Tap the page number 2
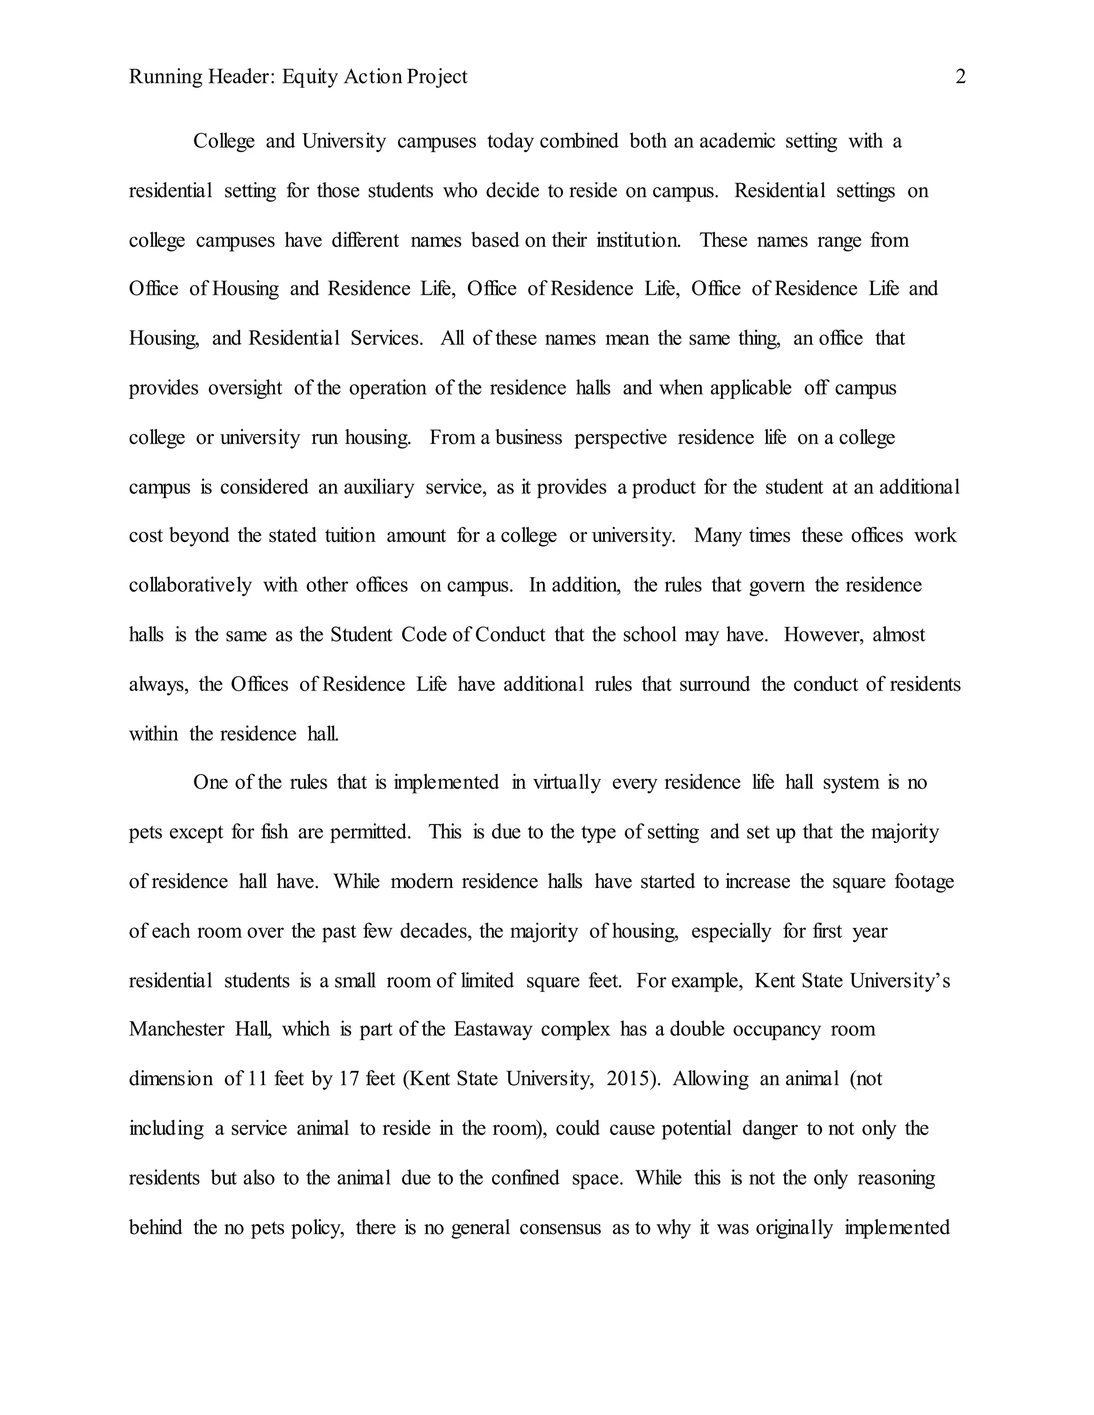(x=960, y=77)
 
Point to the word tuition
(x=350, y=536)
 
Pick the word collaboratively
(x=190, y=586)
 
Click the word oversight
(x=245, y=388)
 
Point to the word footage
(x=924, y=882)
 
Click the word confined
(x=525, y=1177)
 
